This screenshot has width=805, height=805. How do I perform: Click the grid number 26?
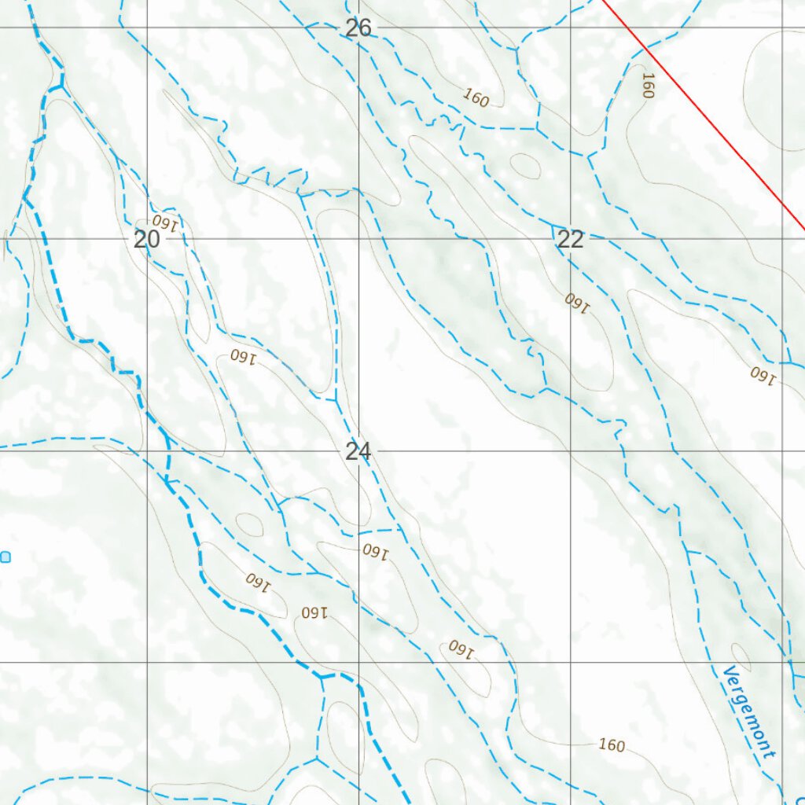358,28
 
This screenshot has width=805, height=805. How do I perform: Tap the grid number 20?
147,240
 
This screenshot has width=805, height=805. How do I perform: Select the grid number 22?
570,240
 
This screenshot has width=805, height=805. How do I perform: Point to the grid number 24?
358,451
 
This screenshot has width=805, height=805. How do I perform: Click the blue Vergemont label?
748,712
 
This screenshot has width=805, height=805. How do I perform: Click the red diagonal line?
708,118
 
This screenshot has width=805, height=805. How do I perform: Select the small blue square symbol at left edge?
6,557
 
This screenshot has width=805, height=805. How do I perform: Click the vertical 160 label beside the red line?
647,86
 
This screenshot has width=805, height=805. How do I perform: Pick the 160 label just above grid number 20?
166,221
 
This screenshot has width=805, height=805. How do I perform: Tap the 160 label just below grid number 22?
576,302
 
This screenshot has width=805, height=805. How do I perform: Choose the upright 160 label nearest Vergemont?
612,744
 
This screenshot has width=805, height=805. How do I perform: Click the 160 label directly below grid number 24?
376,550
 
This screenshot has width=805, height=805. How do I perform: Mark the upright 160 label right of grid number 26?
476,97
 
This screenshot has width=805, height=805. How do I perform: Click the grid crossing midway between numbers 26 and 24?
359,239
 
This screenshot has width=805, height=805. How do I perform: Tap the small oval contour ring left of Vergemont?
741,654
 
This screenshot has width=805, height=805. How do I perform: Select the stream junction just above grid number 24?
336,400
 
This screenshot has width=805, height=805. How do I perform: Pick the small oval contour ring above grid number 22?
525,165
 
